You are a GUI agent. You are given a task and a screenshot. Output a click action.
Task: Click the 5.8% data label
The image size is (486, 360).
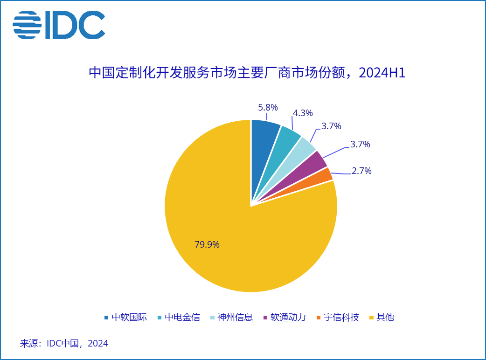click(x=268, y=108)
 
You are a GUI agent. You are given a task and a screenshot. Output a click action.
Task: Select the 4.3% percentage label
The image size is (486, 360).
click(x=303, y=113)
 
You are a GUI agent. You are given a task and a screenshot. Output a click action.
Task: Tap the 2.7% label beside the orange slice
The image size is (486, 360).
click(x=361, y=171)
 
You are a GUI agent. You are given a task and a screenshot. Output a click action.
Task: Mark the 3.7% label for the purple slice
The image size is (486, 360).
click(x=360, y=144)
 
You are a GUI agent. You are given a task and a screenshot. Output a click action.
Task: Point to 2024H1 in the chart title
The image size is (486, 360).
click(x=382, y=74)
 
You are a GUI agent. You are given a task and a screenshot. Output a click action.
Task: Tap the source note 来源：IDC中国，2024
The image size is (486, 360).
click(x=64, y=344)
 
